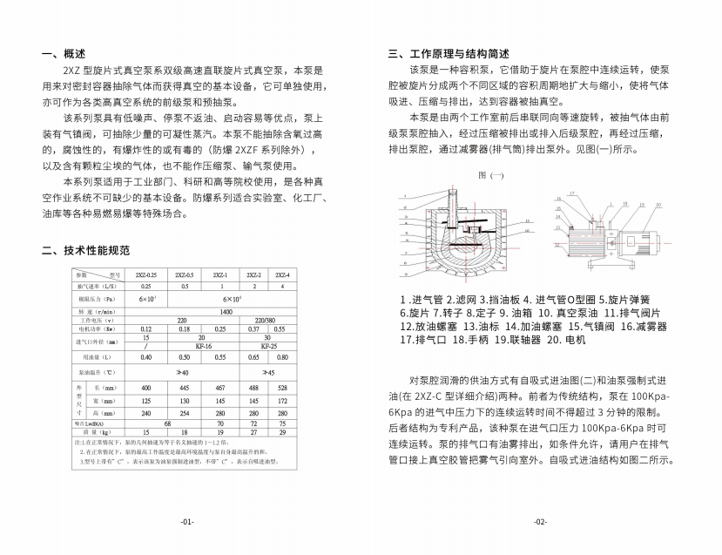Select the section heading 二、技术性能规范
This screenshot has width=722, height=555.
(x=86, y=251)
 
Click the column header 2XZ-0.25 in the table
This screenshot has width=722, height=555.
(x=145, y=275)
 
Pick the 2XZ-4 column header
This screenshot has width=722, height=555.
(x=282, y=275)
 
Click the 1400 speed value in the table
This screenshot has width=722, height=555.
(x=226, y=311)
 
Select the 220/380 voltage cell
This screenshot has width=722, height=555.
(x=263, y=320)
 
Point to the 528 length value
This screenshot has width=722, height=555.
(x=282, y=387)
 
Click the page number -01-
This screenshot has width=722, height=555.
(x=187, y=521)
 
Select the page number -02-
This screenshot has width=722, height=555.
(x=540, y=521)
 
